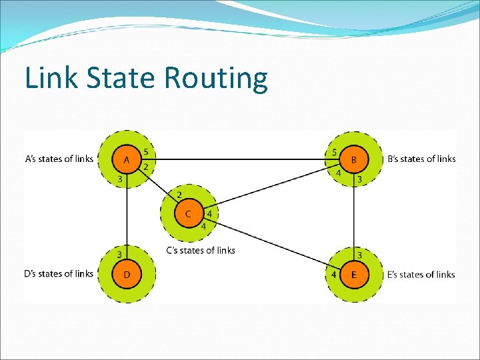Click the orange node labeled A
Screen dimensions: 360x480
(127, 159)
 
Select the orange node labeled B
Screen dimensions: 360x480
(354, 159)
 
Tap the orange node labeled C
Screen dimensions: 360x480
(188, 214)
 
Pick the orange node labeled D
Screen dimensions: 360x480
(127, 273)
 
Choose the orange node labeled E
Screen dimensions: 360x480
(353, 274)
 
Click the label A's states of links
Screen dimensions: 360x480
(59, 159)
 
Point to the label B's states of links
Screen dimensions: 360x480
(421, 159)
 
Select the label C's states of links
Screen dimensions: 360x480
(200, 251)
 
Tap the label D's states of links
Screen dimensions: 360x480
(59, 273)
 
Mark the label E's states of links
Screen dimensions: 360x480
(421, 274)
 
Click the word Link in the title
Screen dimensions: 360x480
(45, 78)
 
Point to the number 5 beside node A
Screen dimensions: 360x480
(146, 152)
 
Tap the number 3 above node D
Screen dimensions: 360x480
(120, 254)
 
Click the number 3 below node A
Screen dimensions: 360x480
(120, 179)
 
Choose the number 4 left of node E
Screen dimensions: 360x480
(333, 274)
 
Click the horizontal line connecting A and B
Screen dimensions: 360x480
(240, 159)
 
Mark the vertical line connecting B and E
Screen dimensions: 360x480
(354, 217)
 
